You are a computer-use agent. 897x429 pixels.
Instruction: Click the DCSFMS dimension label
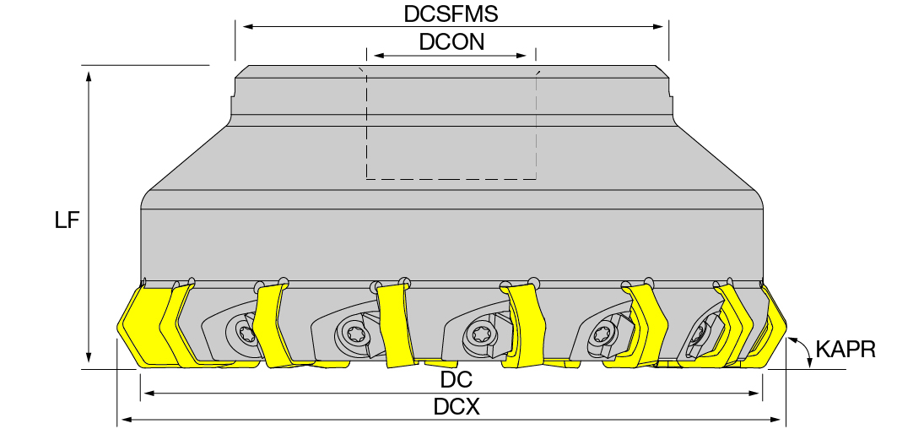click(x=451, y=14)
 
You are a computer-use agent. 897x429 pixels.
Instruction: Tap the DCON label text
click(x=451, y=42)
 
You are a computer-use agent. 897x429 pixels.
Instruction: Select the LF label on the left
click(x=67, y=220)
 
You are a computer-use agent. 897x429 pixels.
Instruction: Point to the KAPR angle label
click(x=845, y=349)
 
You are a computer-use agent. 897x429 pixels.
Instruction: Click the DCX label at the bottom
click(x=456, y=407)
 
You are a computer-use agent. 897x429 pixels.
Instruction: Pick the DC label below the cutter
click(x=456, y=379)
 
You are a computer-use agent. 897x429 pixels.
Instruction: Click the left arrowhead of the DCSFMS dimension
click(x=248, y=26)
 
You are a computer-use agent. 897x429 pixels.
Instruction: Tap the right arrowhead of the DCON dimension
click(x=521, y=56)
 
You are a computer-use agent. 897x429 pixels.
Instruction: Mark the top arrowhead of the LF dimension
click(x=89, y=76)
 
